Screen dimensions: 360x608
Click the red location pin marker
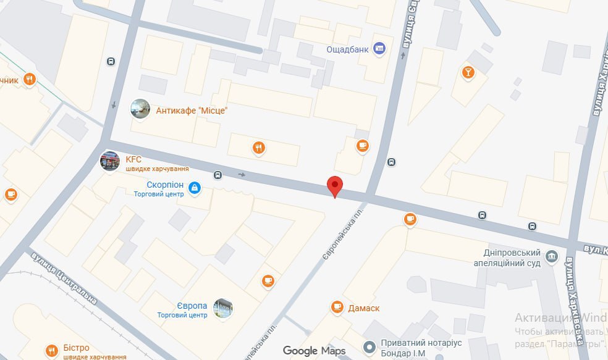pos(334,185)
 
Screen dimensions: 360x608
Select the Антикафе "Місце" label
pos(192,111)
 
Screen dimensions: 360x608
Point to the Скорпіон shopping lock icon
pos(194,187)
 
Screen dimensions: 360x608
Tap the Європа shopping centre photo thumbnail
pos(222,308)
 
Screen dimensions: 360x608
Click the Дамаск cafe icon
pos(337,306)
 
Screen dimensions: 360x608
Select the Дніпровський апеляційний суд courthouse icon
pos(551,256)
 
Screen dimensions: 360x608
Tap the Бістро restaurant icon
pos(52,349)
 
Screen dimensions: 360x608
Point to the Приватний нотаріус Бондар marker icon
pos(369,348)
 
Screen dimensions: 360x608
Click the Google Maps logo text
pos(314,351)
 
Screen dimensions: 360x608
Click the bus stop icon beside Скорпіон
pos(218,175)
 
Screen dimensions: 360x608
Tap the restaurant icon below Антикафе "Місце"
pos(258,148)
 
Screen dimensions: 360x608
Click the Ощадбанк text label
pos(348,49)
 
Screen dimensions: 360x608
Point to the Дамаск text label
pos(364,308)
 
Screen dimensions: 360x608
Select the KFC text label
pos(133,159)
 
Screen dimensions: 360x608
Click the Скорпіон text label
pos(165,185)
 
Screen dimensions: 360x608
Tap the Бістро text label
pos(77,348)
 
